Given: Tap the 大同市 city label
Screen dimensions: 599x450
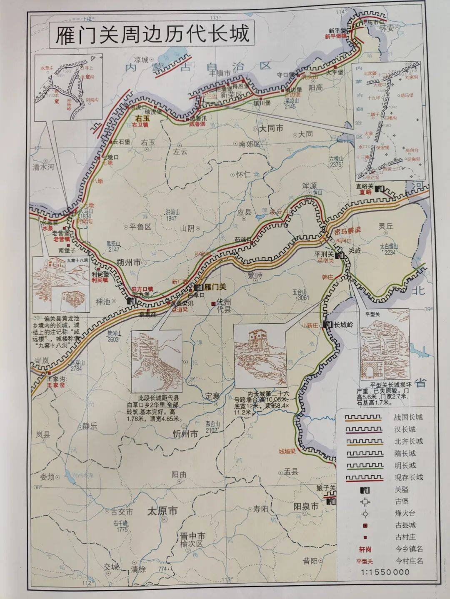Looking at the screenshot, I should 271,128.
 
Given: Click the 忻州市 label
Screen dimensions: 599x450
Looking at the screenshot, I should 185,434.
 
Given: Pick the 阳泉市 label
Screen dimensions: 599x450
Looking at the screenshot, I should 305,507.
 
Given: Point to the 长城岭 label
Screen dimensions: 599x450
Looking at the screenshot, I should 343,324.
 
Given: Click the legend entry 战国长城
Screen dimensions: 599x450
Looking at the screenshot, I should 408,417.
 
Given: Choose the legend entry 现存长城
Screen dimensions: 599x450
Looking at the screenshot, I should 408,477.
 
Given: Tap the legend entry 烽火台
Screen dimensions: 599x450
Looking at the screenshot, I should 405,513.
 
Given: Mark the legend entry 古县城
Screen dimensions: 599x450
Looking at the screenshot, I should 405,525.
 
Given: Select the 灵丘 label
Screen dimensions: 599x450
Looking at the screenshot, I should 386,226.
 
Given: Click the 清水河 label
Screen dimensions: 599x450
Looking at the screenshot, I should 44,167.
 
